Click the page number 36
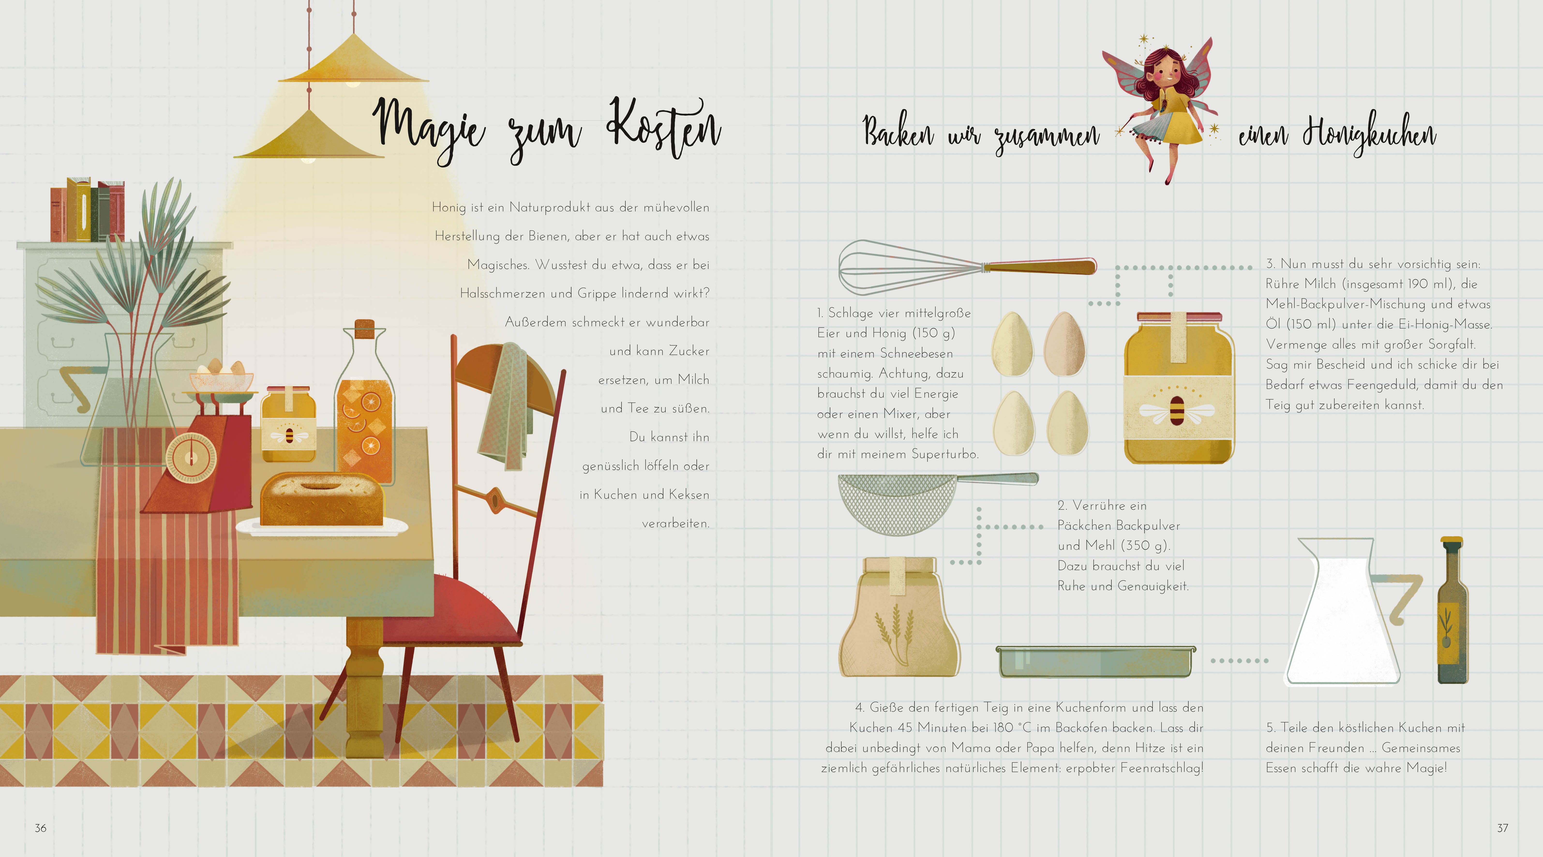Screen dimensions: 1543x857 [40, 828]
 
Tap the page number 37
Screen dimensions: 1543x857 [1502, 828]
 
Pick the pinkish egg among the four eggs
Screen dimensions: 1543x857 [1064, 344]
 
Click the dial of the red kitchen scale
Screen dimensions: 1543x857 [190, 458]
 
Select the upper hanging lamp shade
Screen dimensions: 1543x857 [353, 60]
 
